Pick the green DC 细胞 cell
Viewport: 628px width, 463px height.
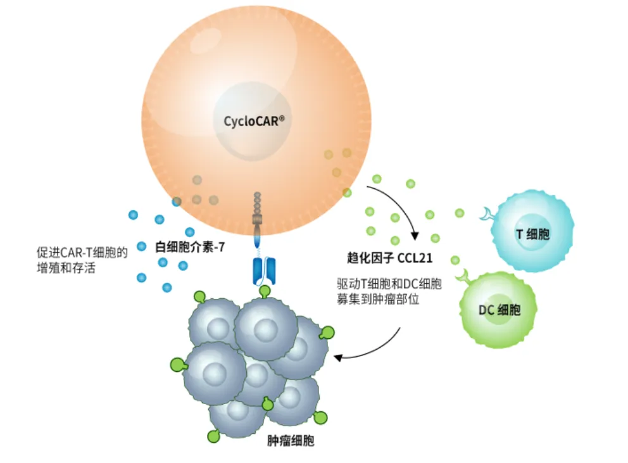pos(500,310)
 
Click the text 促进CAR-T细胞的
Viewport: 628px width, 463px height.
pos(82,253)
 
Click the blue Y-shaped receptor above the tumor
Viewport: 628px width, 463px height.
pos(264,269)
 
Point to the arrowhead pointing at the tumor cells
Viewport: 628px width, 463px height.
pos(338,358)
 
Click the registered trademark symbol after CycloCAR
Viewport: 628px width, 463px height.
pos(281,116)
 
